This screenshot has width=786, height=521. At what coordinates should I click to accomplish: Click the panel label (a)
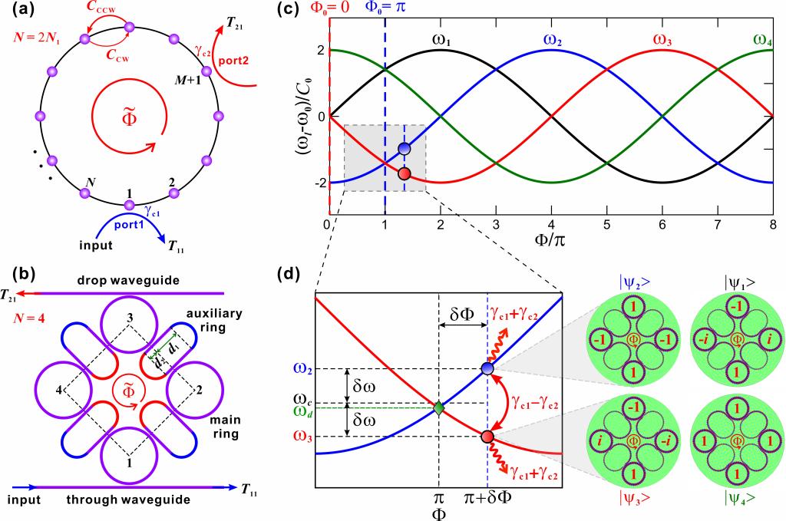pyautogui.click(x=17, y=12)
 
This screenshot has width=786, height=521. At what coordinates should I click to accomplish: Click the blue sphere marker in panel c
pyautogui.click(x=404, y=149)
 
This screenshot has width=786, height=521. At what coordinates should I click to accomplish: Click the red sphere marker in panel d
pyautogui.click(x=487, y=437)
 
